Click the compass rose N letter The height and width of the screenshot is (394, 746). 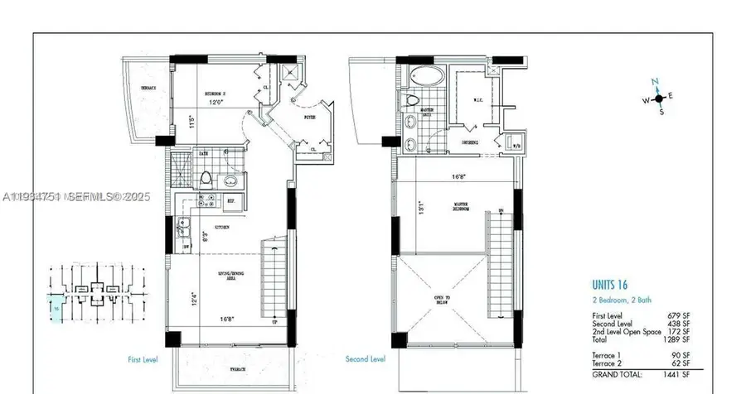tap(654, 81)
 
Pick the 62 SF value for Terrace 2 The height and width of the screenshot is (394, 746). tap(681, 363)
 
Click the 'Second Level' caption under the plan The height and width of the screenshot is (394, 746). tap(365, 359)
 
